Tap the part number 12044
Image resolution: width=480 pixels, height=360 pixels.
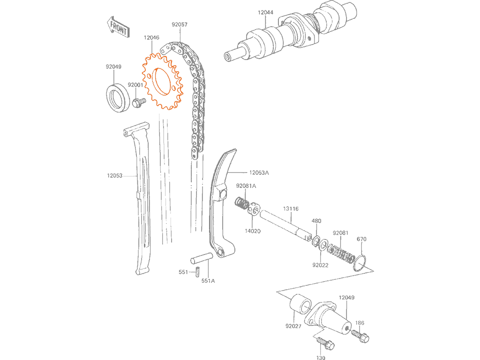pos(265,13)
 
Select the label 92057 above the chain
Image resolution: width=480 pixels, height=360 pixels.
pos(180,24)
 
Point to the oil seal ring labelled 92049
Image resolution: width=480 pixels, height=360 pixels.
pos(117,97)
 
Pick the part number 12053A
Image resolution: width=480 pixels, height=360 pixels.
pos(259,172)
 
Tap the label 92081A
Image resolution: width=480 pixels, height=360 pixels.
pos(246,186)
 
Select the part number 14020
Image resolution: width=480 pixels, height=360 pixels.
pos(253,231)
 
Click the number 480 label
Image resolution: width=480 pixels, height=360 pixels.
pos(316,221)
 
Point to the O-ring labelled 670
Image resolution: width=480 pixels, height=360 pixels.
pos(360,262)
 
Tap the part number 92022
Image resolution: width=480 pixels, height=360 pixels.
pos(320,265)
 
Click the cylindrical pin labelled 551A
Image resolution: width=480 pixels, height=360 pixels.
pos(202,258)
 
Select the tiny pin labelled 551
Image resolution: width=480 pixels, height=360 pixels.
pos(198,271)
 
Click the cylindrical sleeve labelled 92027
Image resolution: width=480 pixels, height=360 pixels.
pos(300,304)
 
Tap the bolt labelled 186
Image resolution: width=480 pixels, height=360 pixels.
pos(360,336)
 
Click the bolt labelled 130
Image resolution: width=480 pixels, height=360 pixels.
pos(325,344)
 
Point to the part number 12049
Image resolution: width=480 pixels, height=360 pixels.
pos(346,298)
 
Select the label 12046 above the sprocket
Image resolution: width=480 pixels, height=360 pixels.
pos(151,37)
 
